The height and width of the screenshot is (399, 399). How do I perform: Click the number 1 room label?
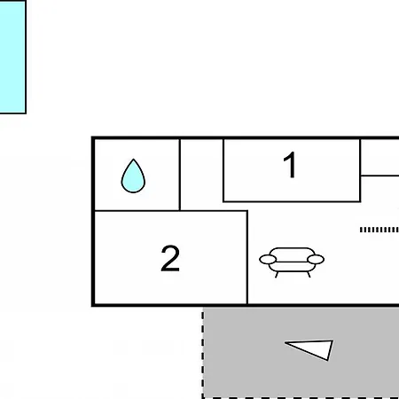(290, 165)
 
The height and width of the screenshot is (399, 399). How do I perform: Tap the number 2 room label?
(170, 258)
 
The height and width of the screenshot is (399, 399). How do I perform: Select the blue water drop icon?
(133, 176)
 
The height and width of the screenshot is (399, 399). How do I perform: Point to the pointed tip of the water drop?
(134, 160)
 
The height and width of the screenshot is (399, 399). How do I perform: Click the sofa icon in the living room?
(292, 262)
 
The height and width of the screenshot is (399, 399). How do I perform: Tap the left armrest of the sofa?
(268, 260)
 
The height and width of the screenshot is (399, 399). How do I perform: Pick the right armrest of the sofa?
(316, 260)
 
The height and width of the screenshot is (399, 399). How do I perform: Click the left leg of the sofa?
(277, 275)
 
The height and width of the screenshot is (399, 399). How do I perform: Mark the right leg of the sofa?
(309, 275)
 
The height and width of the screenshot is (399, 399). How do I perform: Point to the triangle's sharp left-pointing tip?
(285, 343)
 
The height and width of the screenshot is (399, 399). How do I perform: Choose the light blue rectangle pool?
(12, 57)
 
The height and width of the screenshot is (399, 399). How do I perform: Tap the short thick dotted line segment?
(379, 230)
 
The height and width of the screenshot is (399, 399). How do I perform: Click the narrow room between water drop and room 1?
(201, 175)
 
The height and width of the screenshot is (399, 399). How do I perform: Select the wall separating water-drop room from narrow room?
(180, 175)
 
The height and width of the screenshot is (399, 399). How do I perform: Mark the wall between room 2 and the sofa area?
(247, 257)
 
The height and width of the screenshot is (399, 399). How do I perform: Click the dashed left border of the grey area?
(203, 353)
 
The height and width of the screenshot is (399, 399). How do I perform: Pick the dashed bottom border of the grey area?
(301, 398)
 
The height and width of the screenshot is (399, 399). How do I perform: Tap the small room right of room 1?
(380, 157)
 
